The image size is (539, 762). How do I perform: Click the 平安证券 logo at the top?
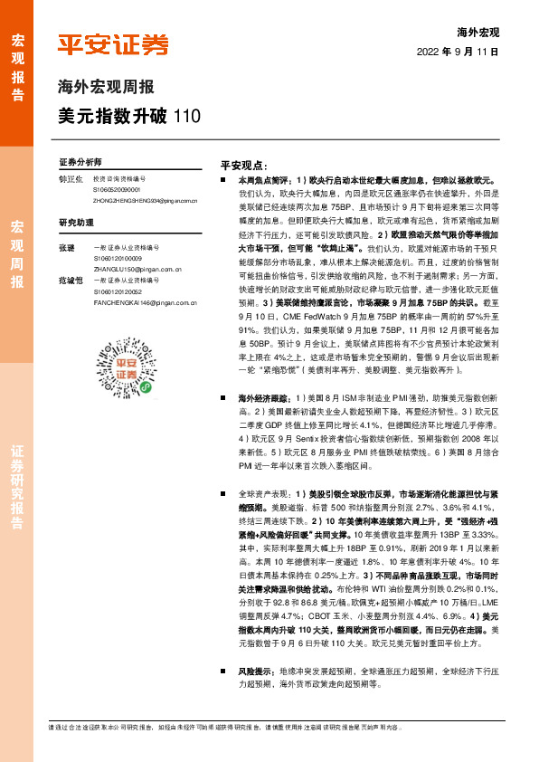[113, 45]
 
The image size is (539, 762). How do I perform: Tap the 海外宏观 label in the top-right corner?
[478, 32]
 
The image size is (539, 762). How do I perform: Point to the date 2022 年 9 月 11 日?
[458, 52]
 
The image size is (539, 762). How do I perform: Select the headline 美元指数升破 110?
[125, 116]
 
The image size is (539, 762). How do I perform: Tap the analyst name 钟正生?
[70, 180]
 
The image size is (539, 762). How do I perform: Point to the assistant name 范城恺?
[70, 281]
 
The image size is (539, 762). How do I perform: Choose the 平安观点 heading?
[243, 167]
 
